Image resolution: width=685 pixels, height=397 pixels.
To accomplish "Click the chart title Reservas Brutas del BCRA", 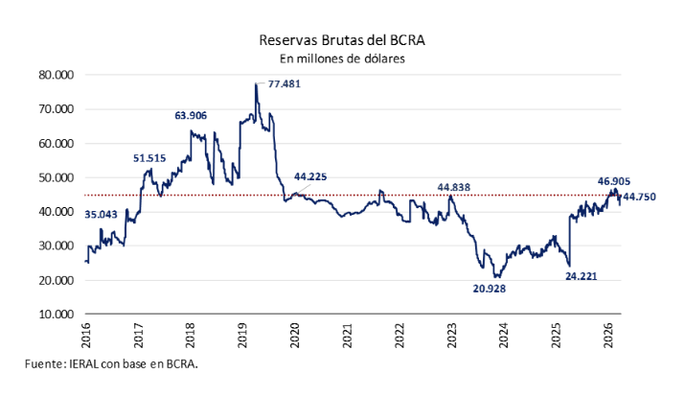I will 342,40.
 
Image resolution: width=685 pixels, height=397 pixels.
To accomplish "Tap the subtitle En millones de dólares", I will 342,58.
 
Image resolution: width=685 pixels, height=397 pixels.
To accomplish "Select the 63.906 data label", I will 191,116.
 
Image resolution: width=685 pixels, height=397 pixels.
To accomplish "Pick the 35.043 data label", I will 102,214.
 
